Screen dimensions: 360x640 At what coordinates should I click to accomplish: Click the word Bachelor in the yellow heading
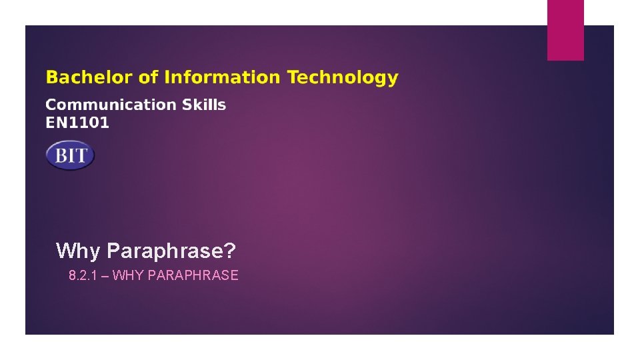[x=89, y=78]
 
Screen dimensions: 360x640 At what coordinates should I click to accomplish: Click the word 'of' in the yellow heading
[x=148, y=78]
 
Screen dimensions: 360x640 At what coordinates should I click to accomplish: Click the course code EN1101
[x=77, y=123]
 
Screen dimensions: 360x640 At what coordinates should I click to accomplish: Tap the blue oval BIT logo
[x=70, y=155]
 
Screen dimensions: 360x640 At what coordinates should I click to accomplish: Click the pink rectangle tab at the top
[x=565, y=30]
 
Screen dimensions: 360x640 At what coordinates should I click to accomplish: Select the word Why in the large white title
[x=78, y=251]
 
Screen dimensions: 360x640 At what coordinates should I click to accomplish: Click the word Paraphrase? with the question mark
[x=171, y=251]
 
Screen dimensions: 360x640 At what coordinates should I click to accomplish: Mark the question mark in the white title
[x=231, y=251]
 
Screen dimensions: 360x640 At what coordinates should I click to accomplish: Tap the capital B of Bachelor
[x=51, y=78]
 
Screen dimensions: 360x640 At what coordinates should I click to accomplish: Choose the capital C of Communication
[x=51, y=105]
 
